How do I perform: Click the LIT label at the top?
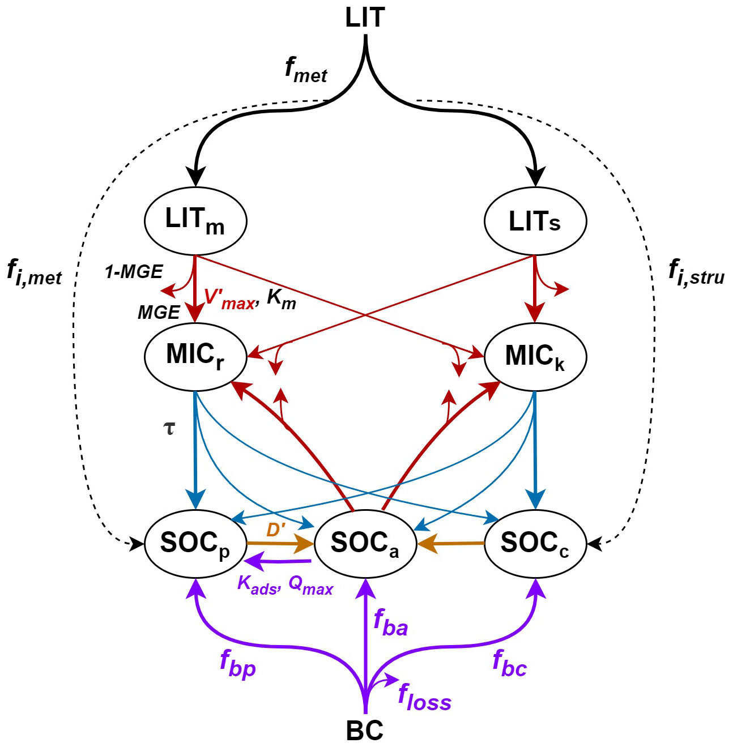pos(365,18)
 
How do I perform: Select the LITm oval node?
pos(195,220)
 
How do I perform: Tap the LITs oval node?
pos(535,220)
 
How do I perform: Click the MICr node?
pos(195,356)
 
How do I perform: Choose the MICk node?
pos(535,356)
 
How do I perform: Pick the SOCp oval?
pos(195,544)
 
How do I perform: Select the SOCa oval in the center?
pos(365,544)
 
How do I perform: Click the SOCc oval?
pos(535,544)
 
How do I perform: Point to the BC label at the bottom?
pos(365,731)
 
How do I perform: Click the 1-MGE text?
pos(134,272)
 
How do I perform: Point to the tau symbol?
pos(169,428)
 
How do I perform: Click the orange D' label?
pos(276,530)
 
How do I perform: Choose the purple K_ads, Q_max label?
pos(285,585)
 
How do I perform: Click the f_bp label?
pos(238,664)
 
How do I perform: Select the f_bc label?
pos(509,664)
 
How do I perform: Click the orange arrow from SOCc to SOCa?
pos(451,544)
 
